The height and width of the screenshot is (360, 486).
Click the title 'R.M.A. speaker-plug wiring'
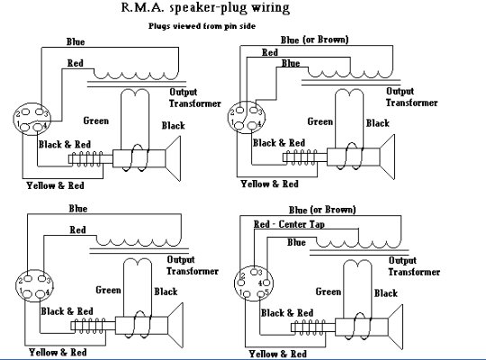205,7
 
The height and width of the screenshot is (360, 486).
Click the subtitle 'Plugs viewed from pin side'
202,26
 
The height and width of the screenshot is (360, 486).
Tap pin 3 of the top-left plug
40,112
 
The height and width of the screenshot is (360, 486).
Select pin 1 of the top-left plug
26,127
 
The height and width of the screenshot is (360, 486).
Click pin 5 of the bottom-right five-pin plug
261,293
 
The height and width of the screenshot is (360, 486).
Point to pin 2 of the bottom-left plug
27,278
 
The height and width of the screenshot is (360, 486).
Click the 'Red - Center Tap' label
289,224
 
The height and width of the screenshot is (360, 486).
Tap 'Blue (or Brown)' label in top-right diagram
315,40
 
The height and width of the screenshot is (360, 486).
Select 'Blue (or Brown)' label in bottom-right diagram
322,210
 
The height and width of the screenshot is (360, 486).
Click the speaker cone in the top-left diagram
174,158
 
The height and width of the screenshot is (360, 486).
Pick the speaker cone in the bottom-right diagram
396,327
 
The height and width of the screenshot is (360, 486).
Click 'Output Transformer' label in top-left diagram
195,98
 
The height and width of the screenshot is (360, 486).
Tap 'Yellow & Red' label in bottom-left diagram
58,353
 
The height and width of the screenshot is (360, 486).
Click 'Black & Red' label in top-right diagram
279,143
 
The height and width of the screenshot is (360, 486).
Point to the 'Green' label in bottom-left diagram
108,290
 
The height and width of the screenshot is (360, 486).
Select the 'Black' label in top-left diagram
174,126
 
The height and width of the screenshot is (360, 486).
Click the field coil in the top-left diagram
85,158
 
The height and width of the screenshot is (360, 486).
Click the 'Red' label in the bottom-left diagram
77,230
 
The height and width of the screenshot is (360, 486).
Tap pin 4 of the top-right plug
252,125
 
